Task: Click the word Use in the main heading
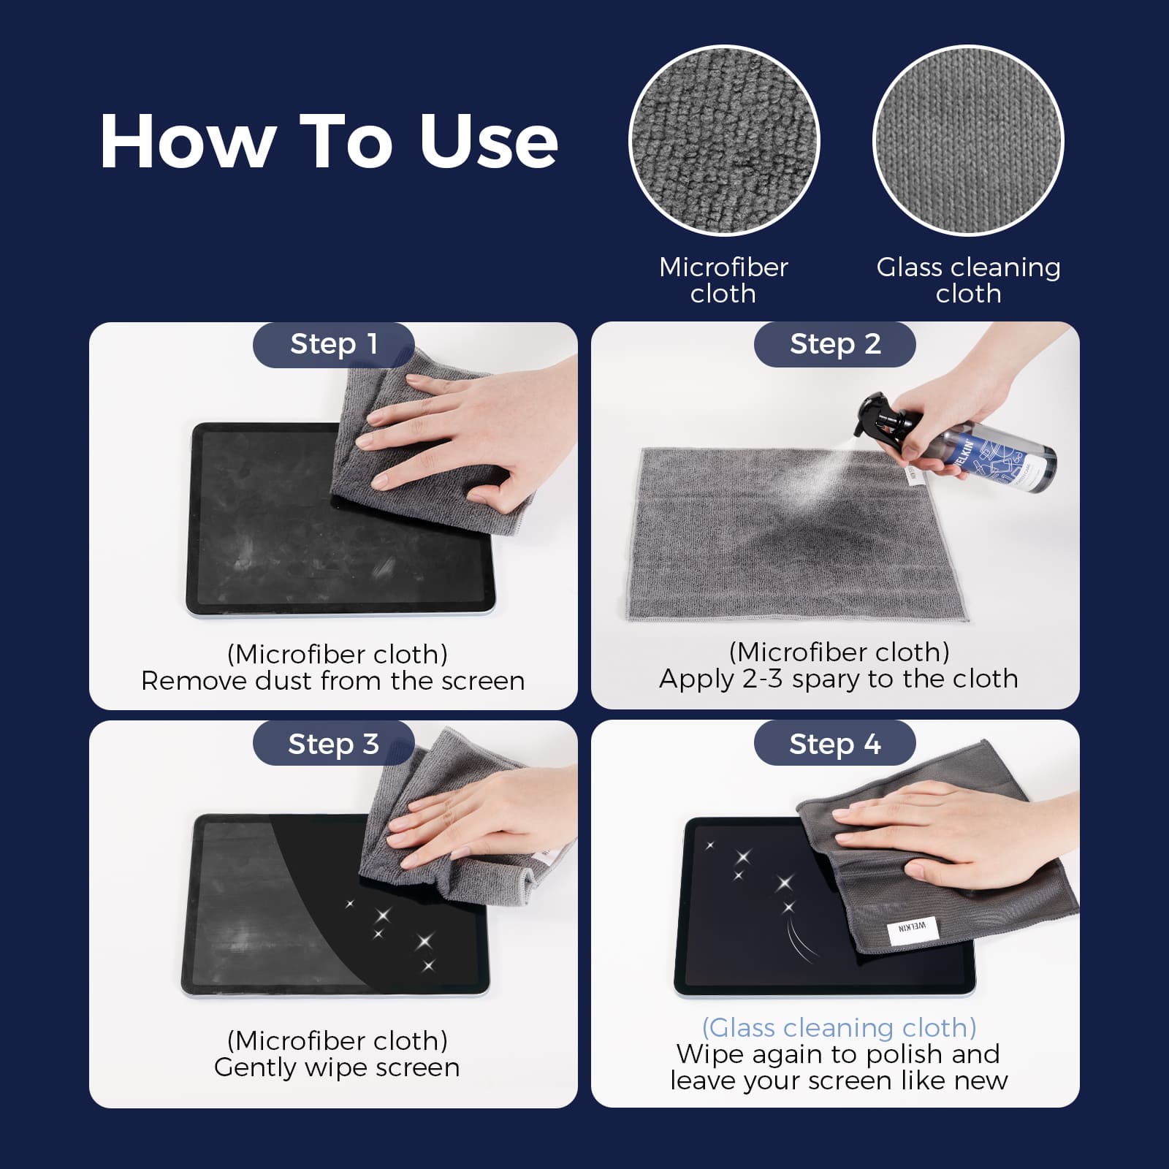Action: pos(488,142)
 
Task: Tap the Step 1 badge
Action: pos(333,344)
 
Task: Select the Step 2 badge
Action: pos(834,344)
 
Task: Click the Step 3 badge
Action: pos(333,744)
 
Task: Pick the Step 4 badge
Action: pos(834,744)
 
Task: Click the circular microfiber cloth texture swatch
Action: pos(723,140)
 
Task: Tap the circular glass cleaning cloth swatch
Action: pos(968,140)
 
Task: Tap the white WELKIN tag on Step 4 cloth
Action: pos(912,928)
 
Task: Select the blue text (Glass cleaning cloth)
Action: pos(839,1028)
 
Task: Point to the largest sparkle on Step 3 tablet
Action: pos(424,941)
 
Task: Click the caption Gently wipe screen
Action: pos(337,1067)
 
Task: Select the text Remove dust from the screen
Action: pos(333,681)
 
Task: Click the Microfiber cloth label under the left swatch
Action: pos(723,280)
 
